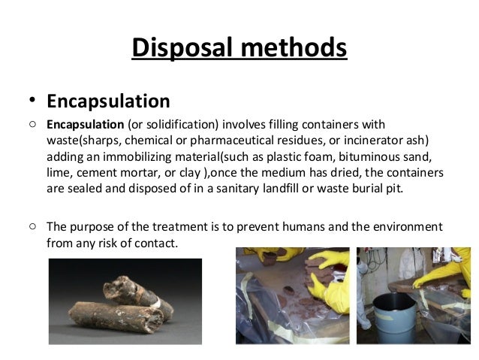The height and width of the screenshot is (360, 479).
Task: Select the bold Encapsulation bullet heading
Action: click(108, 101)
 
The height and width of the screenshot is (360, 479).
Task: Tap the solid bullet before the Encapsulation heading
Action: click(32, 101)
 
